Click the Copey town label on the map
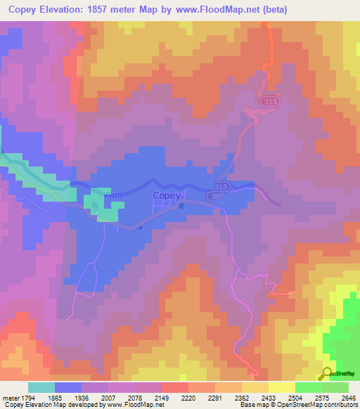click(167, 196)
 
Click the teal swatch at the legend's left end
click(41, 387)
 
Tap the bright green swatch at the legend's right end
click(335, 387)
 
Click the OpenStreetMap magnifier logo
click(327, 374)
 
